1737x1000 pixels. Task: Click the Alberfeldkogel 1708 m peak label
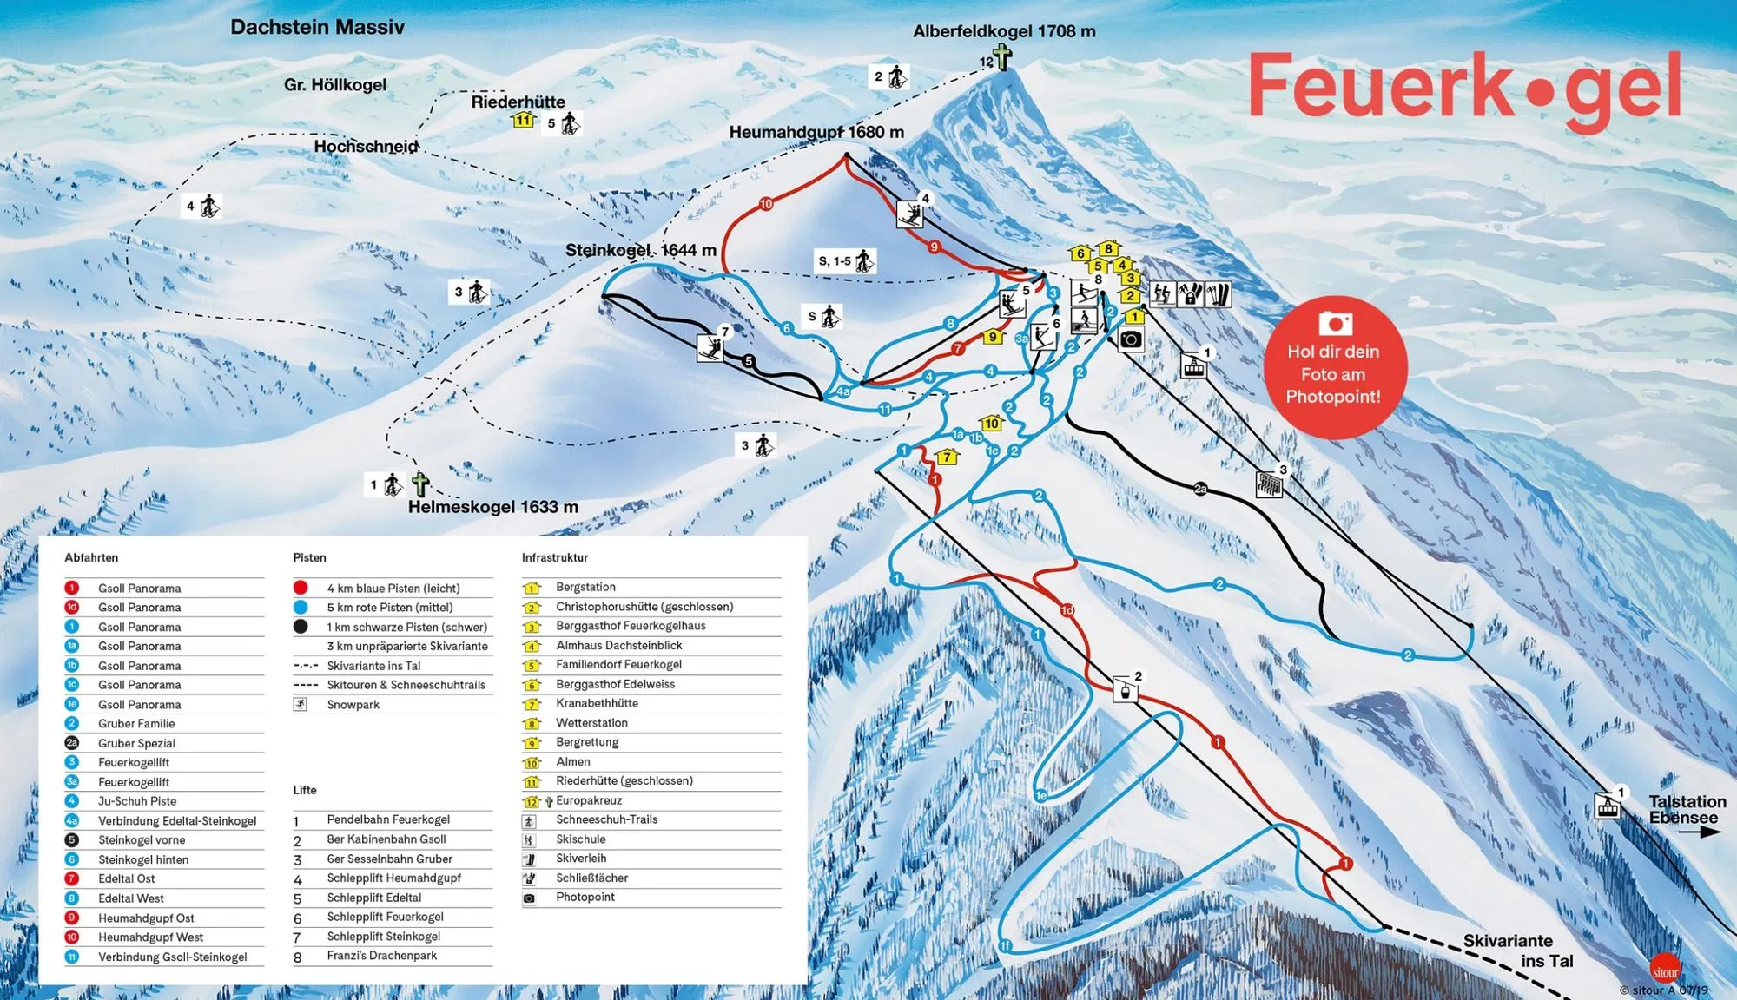click(1004, 31)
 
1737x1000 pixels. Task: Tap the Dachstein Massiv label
click(317, 27)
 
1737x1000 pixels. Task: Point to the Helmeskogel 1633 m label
click(492, 507)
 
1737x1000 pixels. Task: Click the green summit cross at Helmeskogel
click(420, 484)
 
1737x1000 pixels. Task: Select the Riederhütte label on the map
click(518, 102)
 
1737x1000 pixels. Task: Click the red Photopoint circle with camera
click(1334, 366)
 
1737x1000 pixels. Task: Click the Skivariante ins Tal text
click(1517, 951)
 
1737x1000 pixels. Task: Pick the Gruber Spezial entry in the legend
click(136, 743)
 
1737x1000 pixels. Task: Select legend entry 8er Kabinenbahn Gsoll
click(386, 839)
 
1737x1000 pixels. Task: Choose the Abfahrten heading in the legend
click(91, 557)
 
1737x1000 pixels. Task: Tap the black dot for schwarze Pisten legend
click(301, 627)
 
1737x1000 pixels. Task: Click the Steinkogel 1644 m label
click(641, 250)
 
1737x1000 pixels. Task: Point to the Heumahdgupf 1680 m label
click(816, 132)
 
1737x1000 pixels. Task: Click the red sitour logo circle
click(1665, 971)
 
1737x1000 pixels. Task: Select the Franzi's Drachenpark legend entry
click(381, 956)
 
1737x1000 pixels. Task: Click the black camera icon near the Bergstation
click(1130, 339)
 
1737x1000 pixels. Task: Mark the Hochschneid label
click(366, 147)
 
